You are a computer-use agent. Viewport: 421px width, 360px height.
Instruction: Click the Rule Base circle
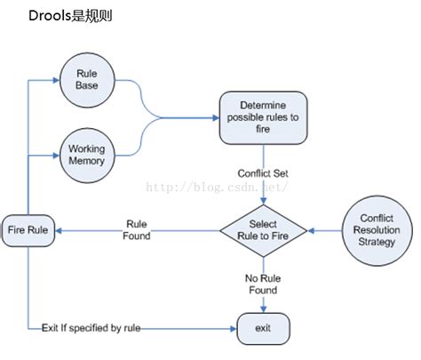[x=86, y=79]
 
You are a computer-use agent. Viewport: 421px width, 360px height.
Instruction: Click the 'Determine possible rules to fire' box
[x=264, y=116]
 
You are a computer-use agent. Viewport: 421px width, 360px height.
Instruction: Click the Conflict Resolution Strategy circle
[x=377, y=230]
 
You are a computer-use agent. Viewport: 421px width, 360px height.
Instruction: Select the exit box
[x=264, y=327]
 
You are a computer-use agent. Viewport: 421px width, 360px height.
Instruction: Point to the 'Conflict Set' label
[x=263, y=172]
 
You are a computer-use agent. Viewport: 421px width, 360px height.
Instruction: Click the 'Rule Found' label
[x=137, y=230]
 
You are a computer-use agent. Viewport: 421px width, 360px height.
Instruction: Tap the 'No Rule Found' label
[x=263, y=284]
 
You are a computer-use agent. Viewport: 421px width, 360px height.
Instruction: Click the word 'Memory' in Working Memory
[x=86, y=161]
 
